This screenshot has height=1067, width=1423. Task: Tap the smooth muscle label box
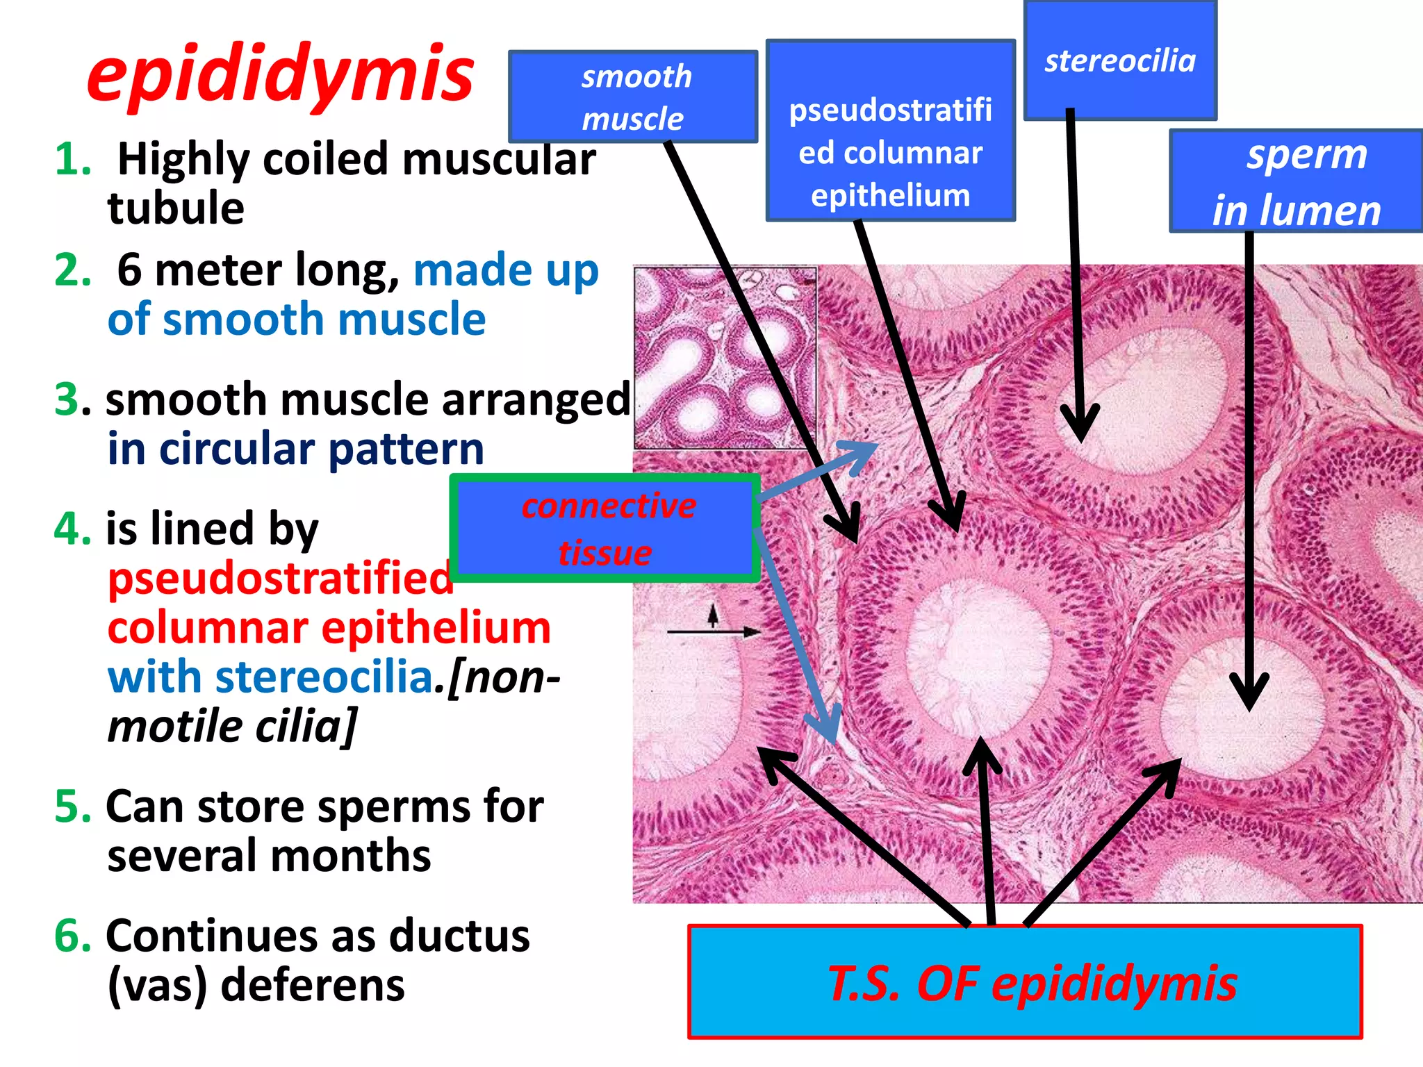(x=633, y=97)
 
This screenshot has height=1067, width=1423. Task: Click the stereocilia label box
(x=1120, y=61)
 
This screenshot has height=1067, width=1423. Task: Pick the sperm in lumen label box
(x=1297, y=181)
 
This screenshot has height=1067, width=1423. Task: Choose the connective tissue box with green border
(x=605, y=529)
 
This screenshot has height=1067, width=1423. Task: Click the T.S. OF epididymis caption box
(x=1025, y=982)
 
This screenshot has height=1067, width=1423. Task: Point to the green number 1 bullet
(x=72, y=159)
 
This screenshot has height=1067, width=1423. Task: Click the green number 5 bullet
(x=72, y=807)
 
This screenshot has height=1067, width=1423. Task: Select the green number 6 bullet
(x=72, y=936)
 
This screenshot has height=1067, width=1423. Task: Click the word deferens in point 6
(x=312, y=985)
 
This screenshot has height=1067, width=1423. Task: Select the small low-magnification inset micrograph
(x=725, y=358)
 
